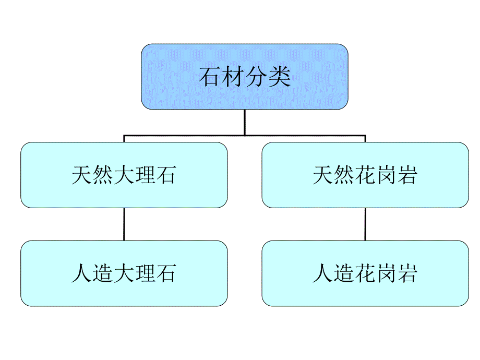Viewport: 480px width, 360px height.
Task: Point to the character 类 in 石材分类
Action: click(x=280, y=77)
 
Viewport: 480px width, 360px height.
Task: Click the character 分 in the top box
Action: click(x=257, y=77)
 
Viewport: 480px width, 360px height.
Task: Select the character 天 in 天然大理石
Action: click(x=82, y=175)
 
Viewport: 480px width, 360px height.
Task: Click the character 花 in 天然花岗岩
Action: click(x=365, y=175)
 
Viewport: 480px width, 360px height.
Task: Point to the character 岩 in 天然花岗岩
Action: click(x=406, y=175)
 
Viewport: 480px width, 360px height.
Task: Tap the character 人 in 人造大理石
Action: click(x=82, y=273)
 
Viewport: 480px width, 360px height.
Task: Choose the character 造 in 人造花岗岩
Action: click(x=344, y=273)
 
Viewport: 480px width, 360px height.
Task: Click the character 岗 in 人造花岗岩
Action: click(x=386, y=273)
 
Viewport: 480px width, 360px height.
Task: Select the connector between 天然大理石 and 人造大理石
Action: click(x=124, y=224)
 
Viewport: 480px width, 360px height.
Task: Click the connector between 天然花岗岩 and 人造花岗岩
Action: click(x=365, y=224)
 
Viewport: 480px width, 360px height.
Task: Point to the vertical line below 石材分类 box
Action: click(x=244, y=123)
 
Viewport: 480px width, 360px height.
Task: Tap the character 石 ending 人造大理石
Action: click(x=165, y=273)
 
